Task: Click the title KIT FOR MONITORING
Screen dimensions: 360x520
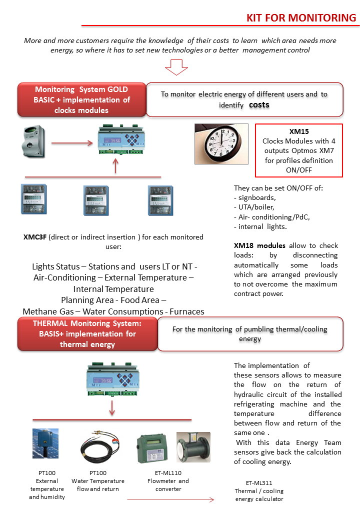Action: pyautogui.click(x=301, y=17)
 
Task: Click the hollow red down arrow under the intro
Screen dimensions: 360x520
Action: pyautogui.click(x=176, y=67)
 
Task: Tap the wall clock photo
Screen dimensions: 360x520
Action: pyautogui.click(x=221, y=144)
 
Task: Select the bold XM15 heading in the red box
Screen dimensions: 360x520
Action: pyautogui.click(x=299, y=131)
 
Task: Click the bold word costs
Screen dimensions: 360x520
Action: pyautogui.click(x=259, y=105)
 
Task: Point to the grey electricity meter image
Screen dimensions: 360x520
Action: pyautogui.click(x=33, y=141)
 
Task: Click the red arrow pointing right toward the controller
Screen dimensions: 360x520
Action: pyautogui.click(x=72, y=143)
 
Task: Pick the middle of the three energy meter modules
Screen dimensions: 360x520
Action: pyautogui.click(x=96, y=200)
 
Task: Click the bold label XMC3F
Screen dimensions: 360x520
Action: pyautogui.click(x=35, y=237)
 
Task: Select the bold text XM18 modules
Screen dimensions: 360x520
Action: pyautogui.click(x=259, y=245)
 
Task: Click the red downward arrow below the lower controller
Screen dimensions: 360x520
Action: pyautogui.click(x=112, y=408)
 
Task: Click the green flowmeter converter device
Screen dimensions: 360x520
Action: pyautogui.click(x=152, y=448)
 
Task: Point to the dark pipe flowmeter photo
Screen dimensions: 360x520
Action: pyautogui.click(x=193, y=447)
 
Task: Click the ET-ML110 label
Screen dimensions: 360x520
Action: pyautogui.click(x=168, y=473)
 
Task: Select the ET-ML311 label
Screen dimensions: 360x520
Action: pyautogui.click(x=259, y=483)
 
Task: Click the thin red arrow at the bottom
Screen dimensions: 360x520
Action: pyautogui.click(x=170, y=499)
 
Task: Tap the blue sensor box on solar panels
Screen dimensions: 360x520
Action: pyautogui.click(x=45, y=443)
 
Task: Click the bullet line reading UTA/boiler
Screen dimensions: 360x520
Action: pyautogui.click(x=254, y=207)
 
